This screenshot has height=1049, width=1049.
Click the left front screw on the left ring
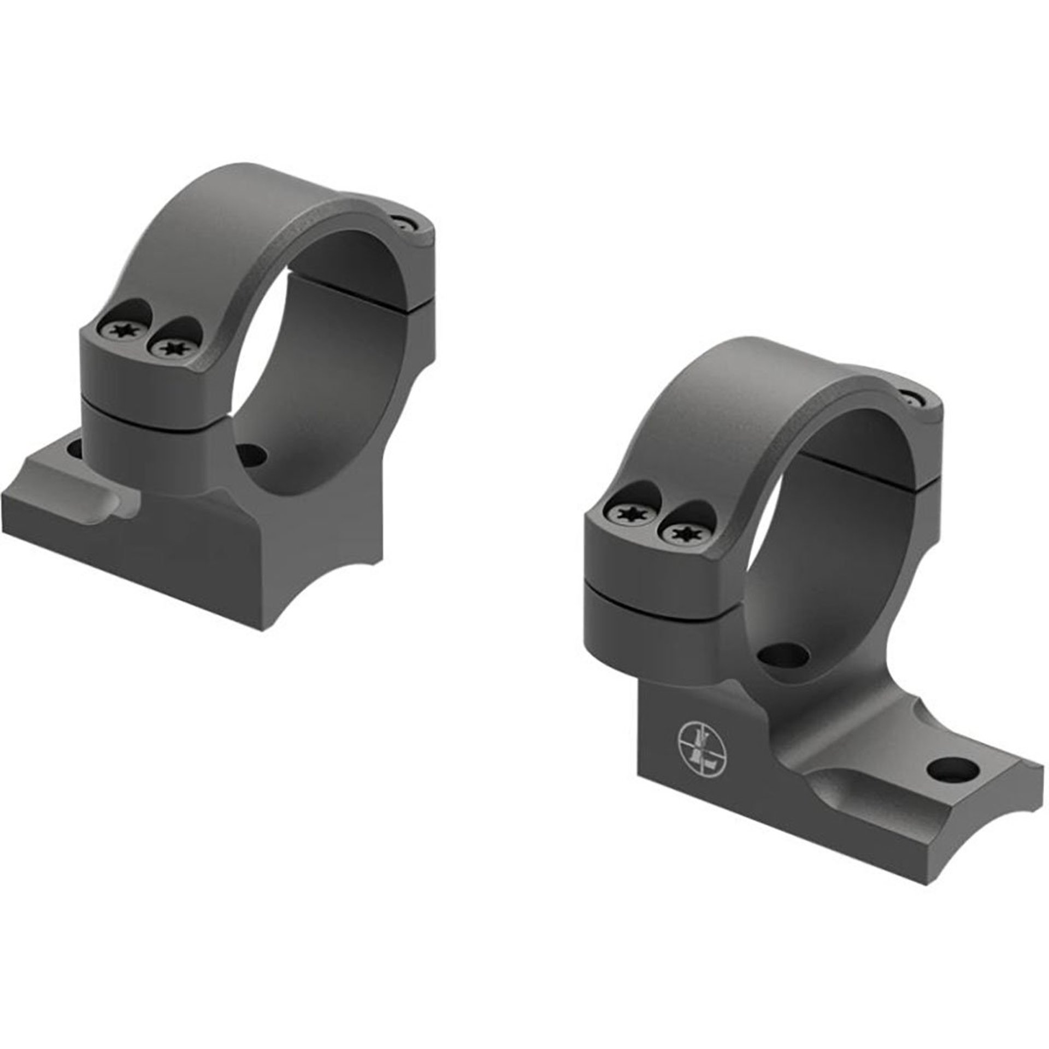coord(119,329)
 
